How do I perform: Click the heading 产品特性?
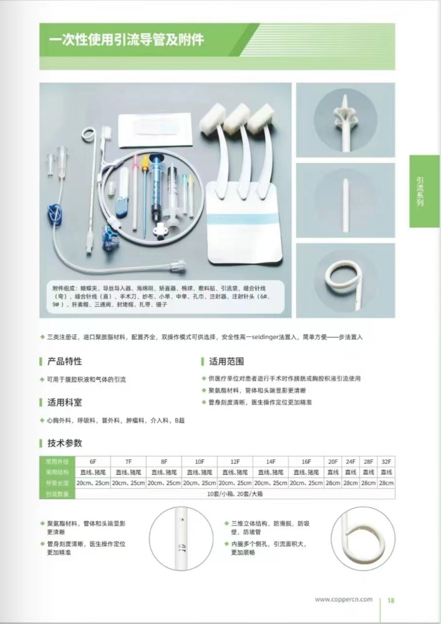pos(64,361)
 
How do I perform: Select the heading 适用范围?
pos(226,361)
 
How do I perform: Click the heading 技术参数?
pos(64,443)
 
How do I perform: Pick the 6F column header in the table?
pos(93,461)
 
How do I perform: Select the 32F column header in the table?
pos(386,461)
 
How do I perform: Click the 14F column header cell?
pos(271,461)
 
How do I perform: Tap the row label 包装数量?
pos(57,494)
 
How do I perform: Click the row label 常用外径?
pos(57,461)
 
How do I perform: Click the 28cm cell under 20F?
pos(332,483)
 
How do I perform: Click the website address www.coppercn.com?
pos(344,600)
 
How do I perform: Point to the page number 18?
pos(391,600)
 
